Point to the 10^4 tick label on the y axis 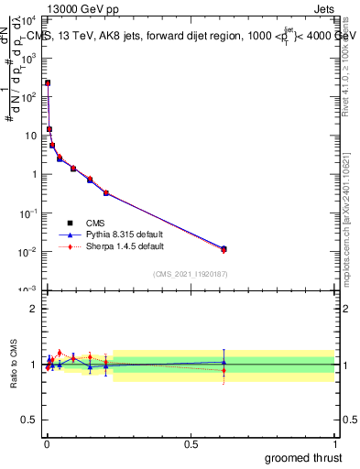pos(27,18)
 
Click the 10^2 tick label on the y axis pos(27,96)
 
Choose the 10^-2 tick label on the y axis pos(27,252)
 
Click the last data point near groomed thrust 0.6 pos(224,248)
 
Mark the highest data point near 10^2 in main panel pos(48,82)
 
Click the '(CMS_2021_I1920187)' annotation pos(190,273)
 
